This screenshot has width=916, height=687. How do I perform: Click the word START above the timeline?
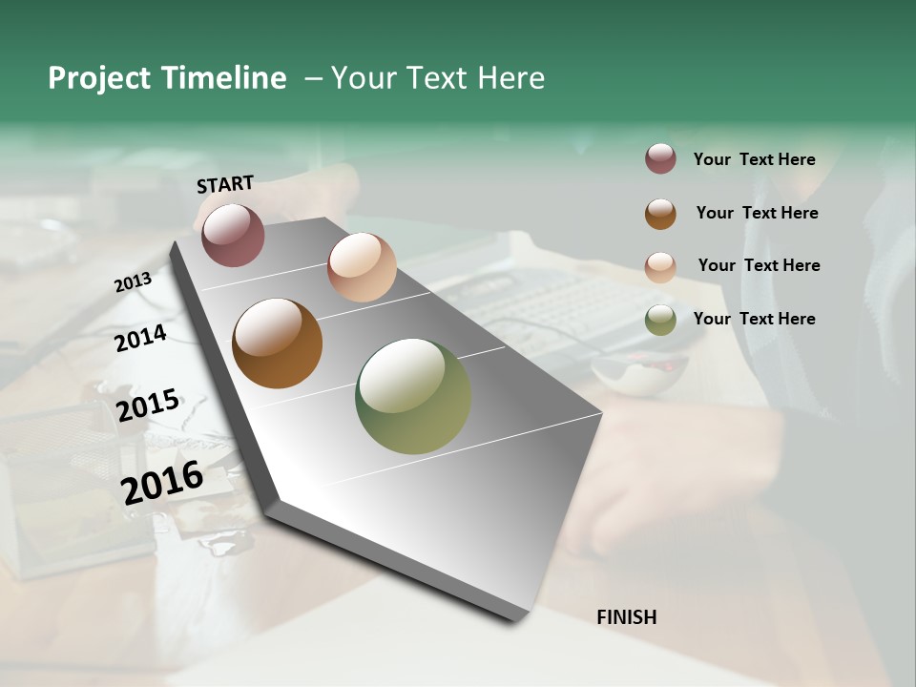coord(225,184)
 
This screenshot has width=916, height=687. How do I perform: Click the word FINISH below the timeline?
coord(627,617)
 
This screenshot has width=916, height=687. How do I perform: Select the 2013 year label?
coord(133,281)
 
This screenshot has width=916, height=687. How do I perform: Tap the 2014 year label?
coord(140,339)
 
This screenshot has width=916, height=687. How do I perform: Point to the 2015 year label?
coord(148,406)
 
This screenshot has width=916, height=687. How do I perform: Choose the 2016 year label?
coord(162,482)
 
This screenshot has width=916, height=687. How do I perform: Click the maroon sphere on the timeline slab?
coord(233,235)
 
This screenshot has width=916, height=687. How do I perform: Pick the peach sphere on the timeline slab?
coord(362,267)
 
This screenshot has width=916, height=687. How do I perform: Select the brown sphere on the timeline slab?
coord(277,343)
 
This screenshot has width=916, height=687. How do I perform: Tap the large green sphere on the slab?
coord(413,396)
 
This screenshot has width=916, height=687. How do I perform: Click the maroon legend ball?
coord(660,159)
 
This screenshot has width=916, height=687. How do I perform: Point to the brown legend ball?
coord(660,214)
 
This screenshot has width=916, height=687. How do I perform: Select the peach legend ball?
coord(660,267)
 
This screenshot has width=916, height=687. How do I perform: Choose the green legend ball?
coord(660,320)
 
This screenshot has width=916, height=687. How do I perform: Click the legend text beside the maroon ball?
coord(754,159)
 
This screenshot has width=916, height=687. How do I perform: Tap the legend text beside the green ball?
coord(754,319)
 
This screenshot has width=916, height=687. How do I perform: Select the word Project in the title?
coord(99,78)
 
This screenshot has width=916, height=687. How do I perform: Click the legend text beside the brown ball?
coord(757,213)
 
